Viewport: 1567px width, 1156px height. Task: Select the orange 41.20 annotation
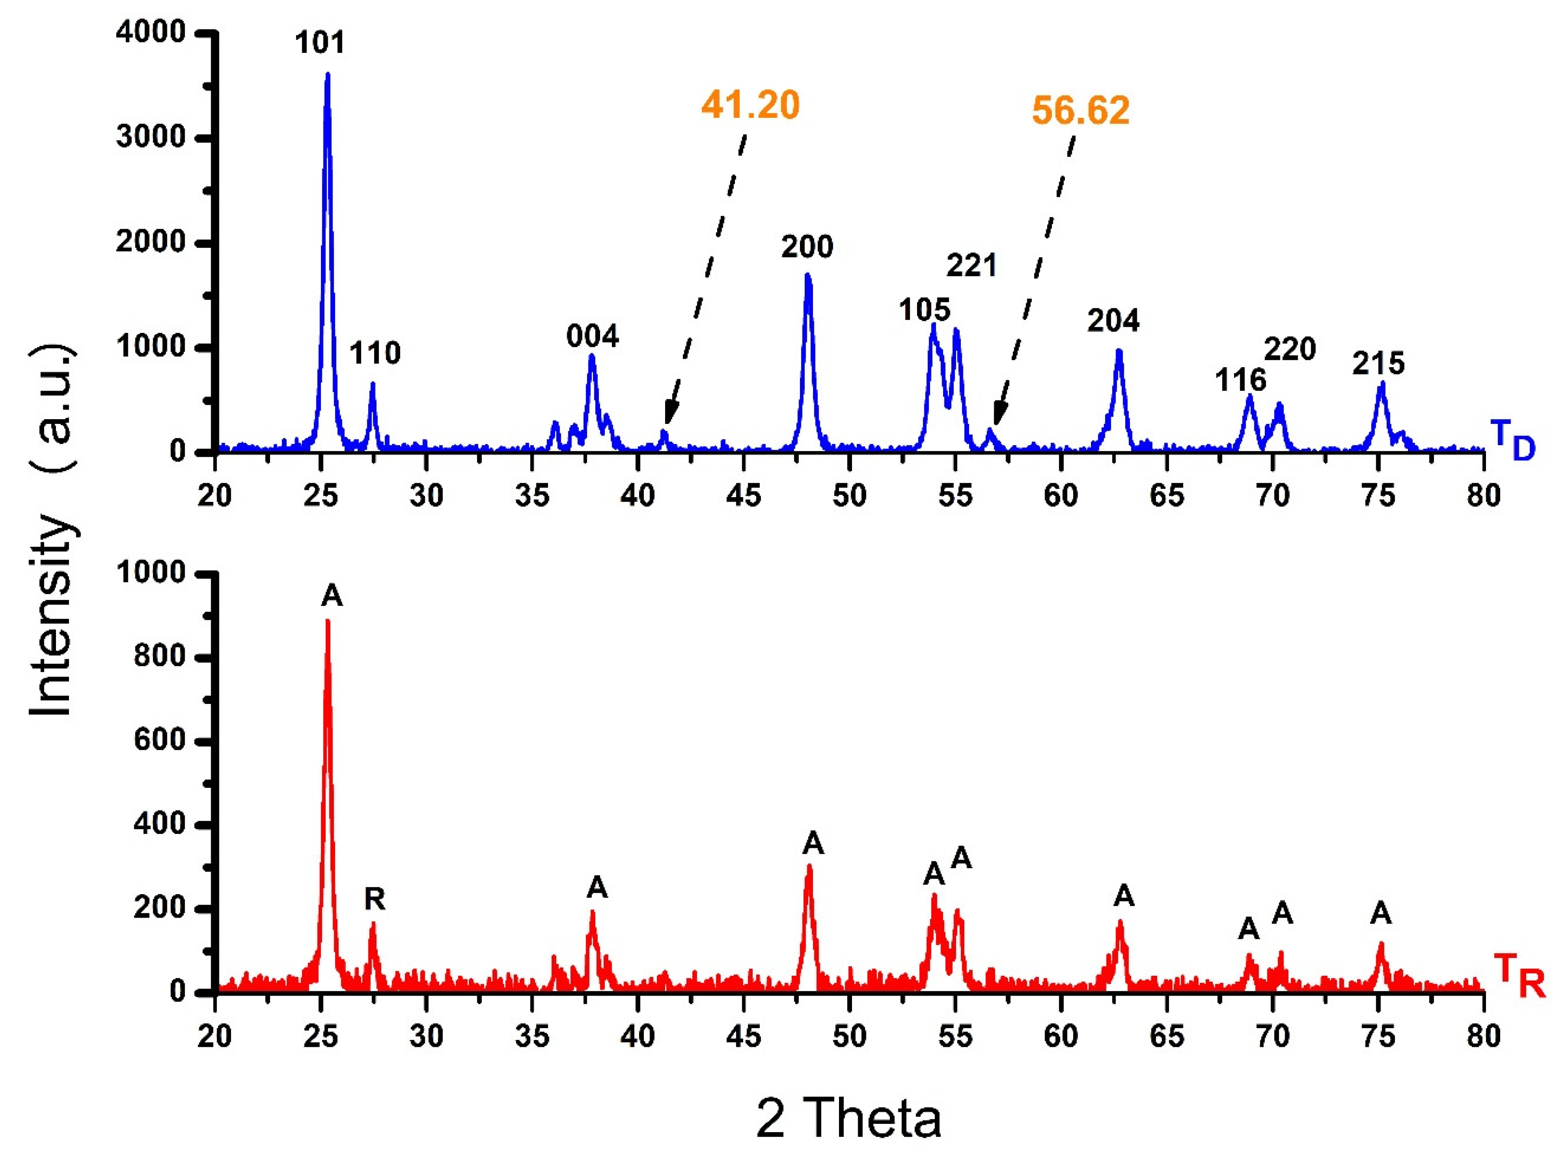[x=750, y=106]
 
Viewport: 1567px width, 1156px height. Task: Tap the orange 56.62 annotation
[x=1081, y=111]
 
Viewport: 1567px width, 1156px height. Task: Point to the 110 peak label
[x=375, y=353]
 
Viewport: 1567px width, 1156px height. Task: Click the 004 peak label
[x=593, y=337]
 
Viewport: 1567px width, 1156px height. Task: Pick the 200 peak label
[x=808, y=247]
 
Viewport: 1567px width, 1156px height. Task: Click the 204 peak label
[x=1113, y=320]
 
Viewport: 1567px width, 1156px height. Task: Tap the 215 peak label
[x=1378, y=363]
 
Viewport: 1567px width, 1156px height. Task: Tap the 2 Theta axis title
[x=849, y=1118]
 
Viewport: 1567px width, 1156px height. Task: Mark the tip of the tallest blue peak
[x=327, y=74]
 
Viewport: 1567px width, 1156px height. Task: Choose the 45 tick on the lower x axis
[x=743, y=1036]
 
